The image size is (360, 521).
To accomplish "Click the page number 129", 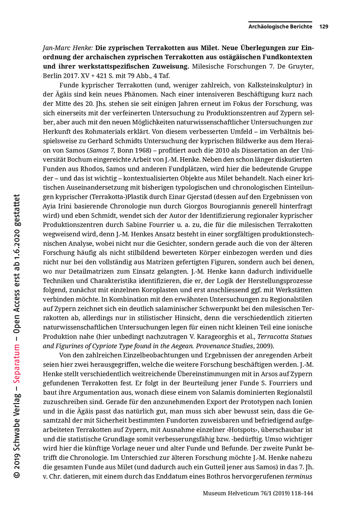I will tap(323, 27).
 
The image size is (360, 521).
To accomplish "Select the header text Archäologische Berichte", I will tap(280, 27).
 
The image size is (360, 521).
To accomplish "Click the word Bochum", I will tap(75, 159).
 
